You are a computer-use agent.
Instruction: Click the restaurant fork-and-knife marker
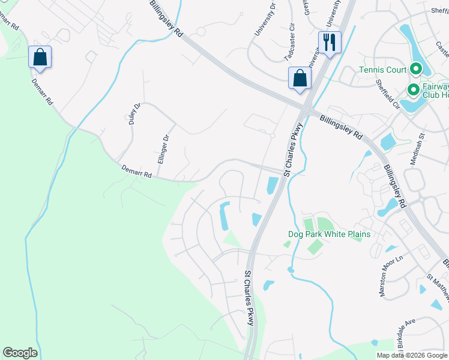coord(330,43)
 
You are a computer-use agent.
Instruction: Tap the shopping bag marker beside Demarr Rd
coord(40,58)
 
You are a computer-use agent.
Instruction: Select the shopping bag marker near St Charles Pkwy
coord(300,79)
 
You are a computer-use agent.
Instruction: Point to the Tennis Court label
coord(383,70)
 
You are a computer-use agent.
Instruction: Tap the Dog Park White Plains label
coord(328,234)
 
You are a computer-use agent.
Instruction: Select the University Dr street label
coord(264,19)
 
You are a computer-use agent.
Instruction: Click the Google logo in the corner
coord(20,353)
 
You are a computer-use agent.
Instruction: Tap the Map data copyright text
coord(412,355)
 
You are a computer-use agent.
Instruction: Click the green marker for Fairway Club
coord(413,91)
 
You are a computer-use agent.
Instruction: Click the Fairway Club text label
coord(436,90)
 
